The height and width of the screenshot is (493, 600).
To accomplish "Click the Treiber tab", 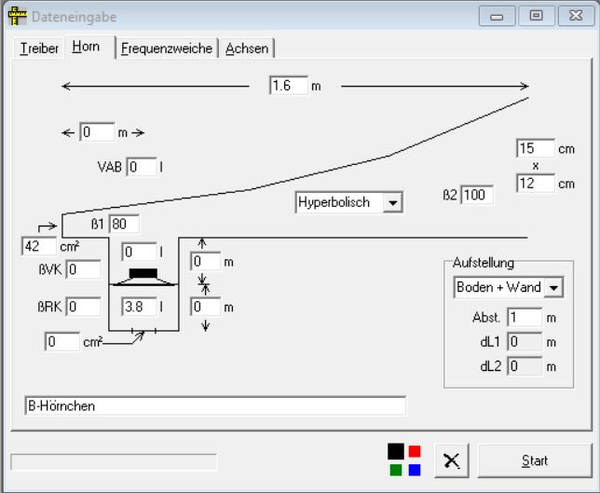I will click(x=39, y=48).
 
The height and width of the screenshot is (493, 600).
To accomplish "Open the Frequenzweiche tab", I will click(x=167, y=48).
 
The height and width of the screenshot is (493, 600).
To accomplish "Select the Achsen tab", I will click(x=247, y=48).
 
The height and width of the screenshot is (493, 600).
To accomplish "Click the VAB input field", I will click(x=142, y=167).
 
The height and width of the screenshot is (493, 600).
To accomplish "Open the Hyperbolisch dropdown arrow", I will click(x=393, y=202).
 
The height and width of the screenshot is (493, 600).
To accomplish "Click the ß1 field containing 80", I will click(x=124, y=224).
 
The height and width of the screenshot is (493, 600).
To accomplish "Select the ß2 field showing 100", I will click(x=476, y=196).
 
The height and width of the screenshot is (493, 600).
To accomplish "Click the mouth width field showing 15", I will click(x=534, y=148).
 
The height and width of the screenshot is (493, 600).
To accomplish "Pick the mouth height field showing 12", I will click(x=534, y=184).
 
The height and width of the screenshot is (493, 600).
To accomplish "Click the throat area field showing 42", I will click(x=38, y=247).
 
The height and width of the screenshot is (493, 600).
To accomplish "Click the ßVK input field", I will click(x=83, y=270).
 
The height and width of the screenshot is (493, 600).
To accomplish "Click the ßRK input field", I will click(x=83, y=306).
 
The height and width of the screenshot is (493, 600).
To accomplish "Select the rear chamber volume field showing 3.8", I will click(x=139, y=306).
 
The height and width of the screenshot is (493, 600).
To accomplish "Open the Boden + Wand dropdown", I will click(x=553, y=288).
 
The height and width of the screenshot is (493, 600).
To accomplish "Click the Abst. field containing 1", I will click(x=525, y=318).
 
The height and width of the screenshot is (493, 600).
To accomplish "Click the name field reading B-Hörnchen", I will click(x=214, y=406).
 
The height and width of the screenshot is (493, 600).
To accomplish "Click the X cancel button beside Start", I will click(x=452, y=460).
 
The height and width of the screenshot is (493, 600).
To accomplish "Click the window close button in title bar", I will click(x=570, y=17).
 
